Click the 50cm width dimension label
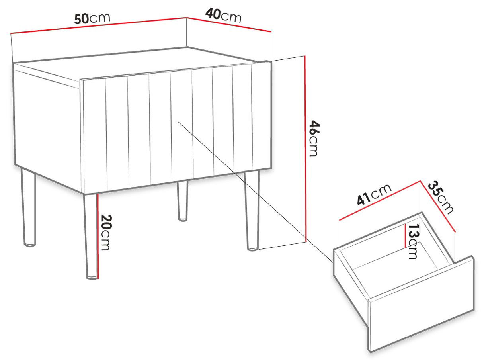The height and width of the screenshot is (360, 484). coord(92,18)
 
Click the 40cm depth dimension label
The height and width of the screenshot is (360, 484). coord(223,15)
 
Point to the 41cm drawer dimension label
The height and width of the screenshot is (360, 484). coord(374,195)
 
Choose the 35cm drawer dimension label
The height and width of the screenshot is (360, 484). coord(440,198)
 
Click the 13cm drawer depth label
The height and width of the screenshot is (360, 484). coord(413,241)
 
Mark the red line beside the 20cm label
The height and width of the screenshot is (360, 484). coord(98,236)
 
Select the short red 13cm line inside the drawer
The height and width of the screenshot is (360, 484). coord(405,236)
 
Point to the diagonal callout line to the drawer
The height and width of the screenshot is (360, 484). coord(256,192)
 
